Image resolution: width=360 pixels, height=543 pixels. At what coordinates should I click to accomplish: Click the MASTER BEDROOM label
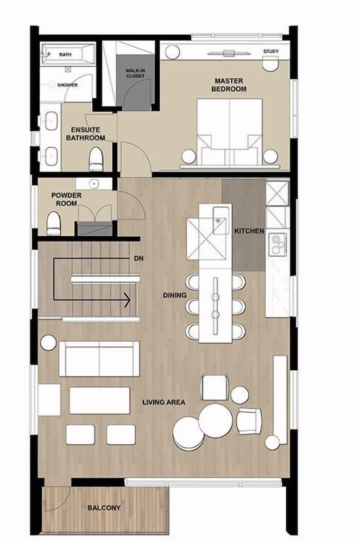229,85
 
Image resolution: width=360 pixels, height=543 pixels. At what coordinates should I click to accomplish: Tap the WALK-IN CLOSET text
135,73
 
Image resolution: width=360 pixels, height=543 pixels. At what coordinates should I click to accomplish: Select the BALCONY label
104,508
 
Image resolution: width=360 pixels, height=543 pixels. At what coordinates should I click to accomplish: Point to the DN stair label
138,258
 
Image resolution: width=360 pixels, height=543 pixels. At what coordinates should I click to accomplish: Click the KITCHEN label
249,231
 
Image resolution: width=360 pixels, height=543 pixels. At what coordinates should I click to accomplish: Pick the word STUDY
271,51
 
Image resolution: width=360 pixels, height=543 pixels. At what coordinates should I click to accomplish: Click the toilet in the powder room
54,224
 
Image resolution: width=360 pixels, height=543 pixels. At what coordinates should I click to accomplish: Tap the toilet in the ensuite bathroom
96,159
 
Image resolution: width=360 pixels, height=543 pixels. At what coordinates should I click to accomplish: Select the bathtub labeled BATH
68,54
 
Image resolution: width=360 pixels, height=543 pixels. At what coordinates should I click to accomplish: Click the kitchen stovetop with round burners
278,244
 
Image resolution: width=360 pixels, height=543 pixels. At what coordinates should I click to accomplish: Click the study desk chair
270,64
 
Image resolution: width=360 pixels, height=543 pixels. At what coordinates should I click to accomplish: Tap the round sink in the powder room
94,184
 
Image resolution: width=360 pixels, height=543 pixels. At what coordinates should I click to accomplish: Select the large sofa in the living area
99,359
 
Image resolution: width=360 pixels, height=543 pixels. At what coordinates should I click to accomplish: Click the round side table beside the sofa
48,343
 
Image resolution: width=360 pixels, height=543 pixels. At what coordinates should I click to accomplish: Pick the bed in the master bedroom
229,131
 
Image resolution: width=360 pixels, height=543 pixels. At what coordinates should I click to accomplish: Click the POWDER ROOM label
66,199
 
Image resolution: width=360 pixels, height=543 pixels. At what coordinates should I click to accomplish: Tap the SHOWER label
67,85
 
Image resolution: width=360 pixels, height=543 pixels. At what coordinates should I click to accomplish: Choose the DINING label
174,295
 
